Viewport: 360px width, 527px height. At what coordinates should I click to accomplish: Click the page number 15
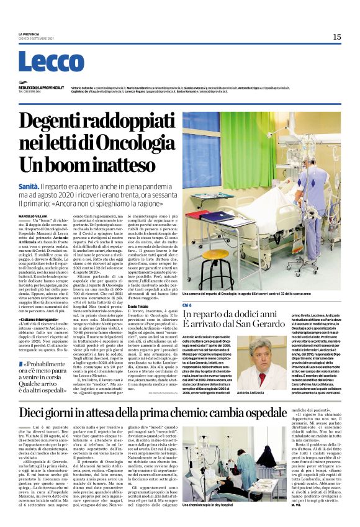(x=336, y=37)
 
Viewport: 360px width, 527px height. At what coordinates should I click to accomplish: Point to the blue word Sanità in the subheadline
(x=29, y=185)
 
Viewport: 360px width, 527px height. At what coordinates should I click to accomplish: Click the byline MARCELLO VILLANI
(x=34, y=215)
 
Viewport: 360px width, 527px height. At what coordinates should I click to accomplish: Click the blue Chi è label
(x=188, y=305)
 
